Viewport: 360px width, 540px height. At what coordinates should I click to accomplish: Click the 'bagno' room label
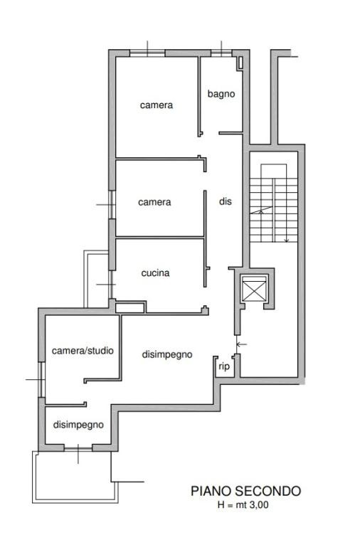point(221,94)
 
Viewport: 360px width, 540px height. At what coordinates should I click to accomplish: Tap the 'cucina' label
point(155,273)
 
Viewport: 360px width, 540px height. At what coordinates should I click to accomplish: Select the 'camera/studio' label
point(83,351)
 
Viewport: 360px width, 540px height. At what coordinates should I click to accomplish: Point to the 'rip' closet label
point(224,366)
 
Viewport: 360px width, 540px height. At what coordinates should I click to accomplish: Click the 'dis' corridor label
point(226,201)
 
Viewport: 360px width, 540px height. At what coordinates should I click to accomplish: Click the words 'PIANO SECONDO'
point(246,491)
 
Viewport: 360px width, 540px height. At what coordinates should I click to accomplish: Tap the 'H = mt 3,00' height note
point(243,505)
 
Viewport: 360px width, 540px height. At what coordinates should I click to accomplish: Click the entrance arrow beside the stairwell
point(242,344)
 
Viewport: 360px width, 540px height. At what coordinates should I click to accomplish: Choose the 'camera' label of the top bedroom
point(157,105)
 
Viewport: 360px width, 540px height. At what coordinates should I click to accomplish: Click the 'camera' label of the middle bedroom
point(154,202)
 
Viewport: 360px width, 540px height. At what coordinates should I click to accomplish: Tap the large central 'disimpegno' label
point(167,354)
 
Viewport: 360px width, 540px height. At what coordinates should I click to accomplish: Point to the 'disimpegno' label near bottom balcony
point(78,425)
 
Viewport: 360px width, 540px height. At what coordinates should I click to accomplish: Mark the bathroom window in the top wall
point(221,53)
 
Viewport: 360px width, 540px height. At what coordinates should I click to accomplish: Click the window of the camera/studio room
point(42,379)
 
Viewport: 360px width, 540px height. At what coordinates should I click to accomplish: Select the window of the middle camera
point(112,205)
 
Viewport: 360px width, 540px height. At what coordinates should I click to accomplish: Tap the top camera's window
point(147,53)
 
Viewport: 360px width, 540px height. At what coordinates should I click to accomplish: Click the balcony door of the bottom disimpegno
point(78,448)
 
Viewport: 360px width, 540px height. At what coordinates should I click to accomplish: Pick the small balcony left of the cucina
point(97,279)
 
